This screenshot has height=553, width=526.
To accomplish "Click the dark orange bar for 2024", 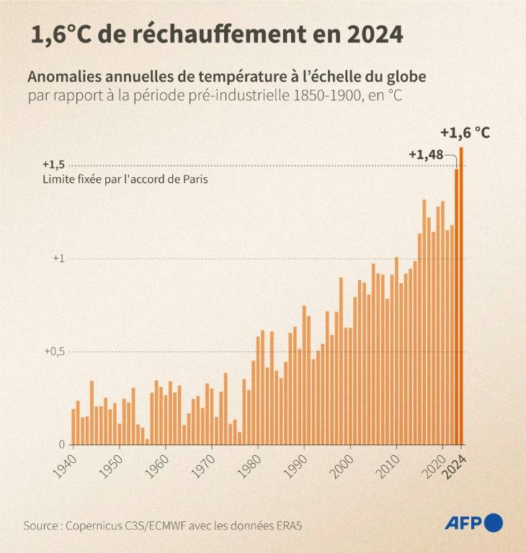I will coord(461,295).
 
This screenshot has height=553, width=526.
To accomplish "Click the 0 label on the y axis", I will coord(62,444).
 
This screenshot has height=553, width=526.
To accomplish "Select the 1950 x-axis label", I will coord(110,465).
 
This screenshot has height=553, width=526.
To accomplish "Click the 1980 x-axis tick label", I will coord(249,465).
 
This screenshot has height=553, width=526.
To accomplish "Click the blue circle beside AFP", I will coord(494,523).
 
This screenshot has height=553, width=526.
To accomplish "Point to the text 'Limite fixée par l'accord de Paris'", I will coord(125,179).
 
